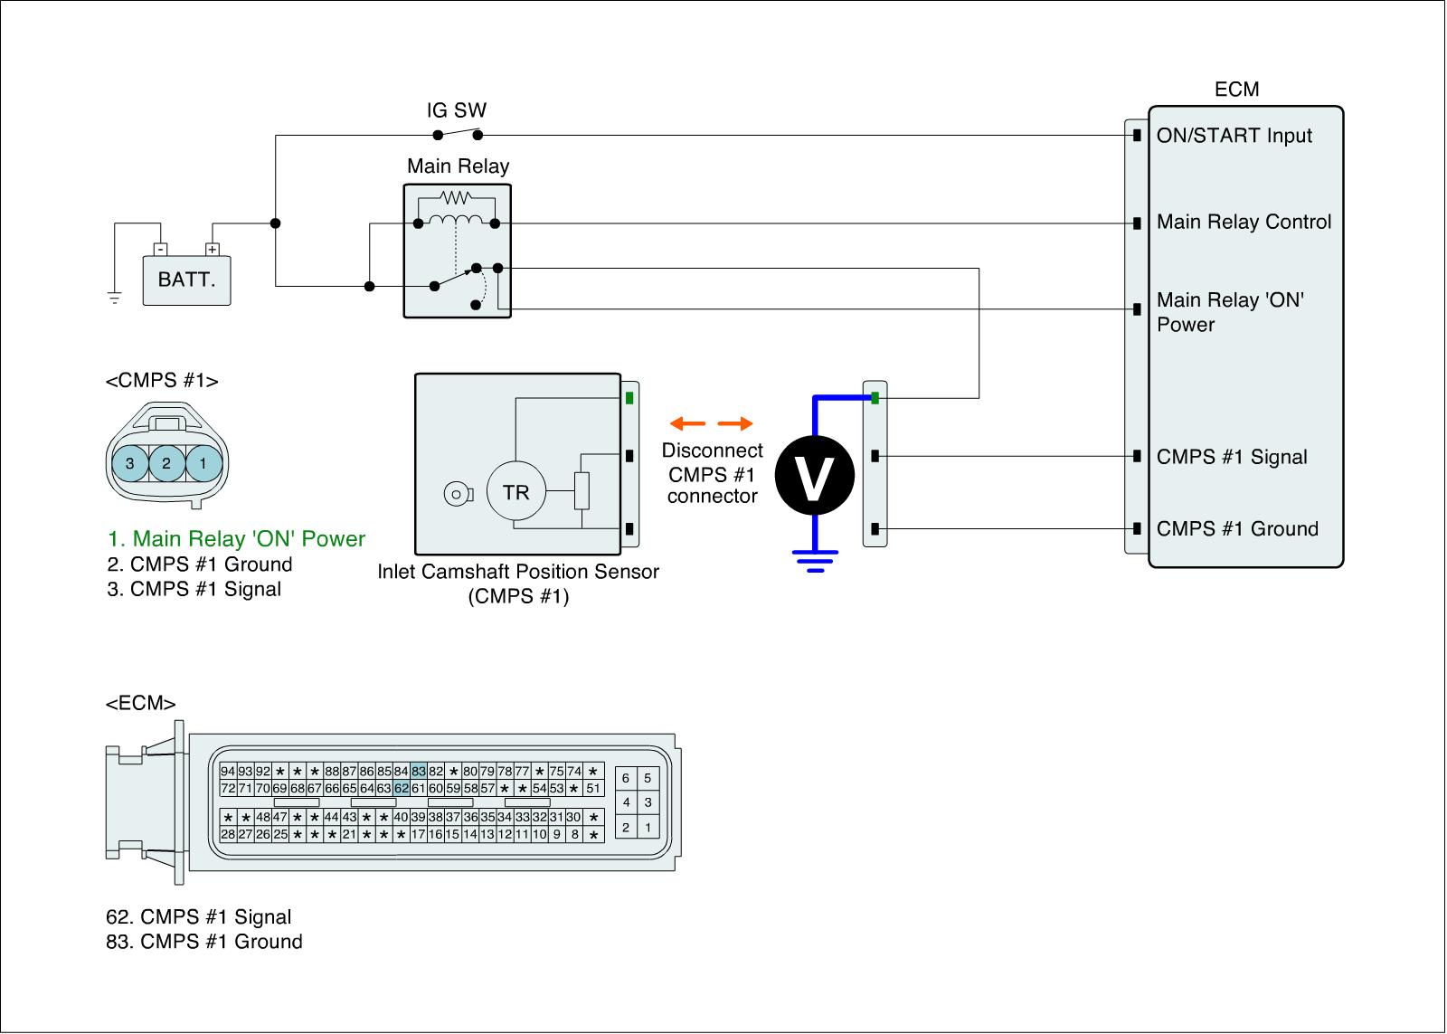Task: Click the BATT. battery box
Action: point(186,280)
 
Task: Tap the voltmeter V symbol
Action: point(815,478)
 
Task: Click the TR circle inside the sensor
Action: point(515,493)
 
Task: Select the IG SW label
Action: point(457,111)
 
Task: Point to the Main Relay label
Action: point(458,166)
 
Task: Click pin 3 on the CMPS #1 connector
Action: point(130,463)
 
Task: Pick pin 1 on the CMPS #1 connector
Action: point(203,463)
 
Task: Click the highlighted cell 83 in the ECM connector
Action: point(419,772)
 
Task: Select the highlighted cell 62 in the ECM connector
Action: point(402,788)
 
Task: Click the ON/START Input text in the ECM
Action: point(1234,136)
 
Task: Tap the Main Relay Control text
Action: point(1244,223)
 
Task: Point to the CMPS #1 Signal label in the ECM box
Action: point(1232,457)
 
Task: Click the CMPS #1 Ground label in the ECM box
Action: point(1237,529)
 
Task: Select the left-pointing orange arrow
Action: point(687,423)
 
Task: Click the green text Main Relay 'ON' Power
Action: point(236,539)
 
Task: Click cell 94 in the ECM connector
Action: point(228,772)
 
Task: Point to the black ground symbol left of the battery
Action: point(114,297)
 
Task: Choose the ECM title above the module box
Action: point(1236,90)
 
